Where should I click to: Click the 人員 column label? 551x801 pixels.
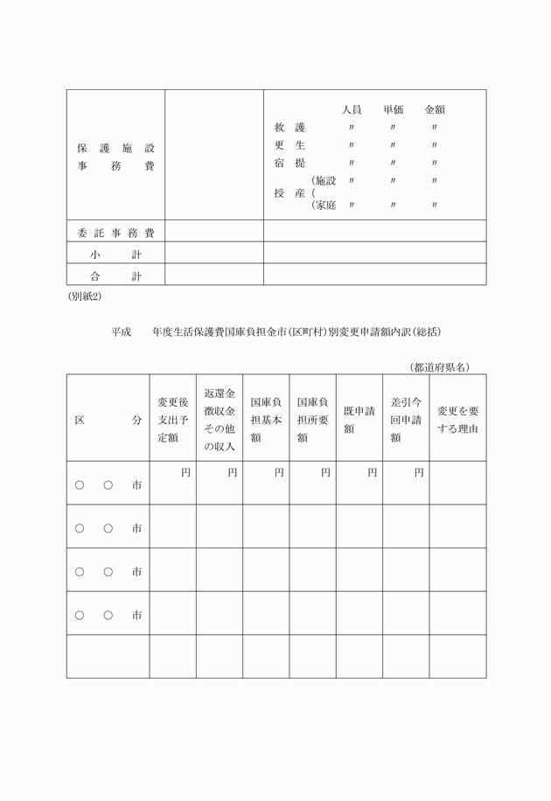(352, 110)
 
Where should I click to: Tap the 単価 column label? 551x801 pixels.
(393, 110)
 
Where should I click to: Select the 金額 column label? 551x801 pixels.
(435, 110)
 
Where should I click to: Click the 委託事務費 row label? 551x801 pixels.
(115, 233)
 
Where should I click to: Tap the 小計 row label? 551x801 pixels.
(115, 254)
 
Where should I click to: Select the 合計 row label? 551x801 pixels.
(115, 276)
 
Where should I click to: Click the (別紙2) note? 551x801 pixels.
(85, 296)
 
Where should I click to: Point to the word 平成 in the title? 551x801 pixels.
(122, 332)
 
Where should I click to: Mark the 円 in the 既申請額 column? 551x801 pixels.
(373, 472)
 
